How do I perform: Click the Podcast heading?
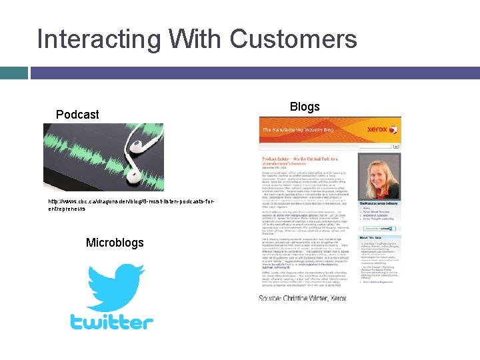click(x=77, y=115)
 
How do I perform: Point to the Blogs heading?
click(x=305, y=107)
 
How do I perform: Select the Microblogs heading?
click(x=115, y=243)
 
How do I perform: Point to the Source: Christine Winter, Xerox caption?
click(x=311, y=297)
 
